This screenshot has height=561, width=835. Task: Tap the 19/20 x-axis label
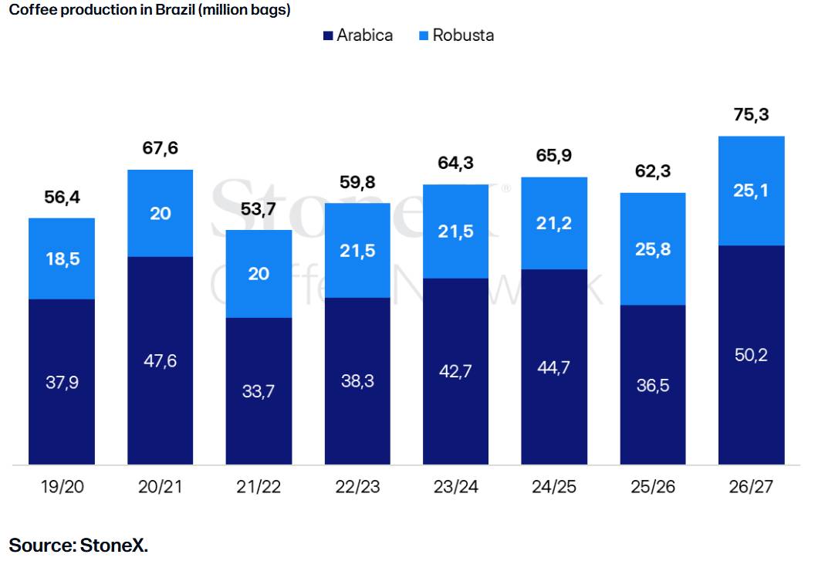point(61,487)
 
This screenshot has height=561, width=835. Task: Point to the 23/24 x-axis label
point(455,487)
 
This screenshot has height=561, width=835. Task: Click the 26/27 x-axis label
point(751,487)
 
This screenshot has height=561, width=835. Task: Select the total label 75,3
point(751,116)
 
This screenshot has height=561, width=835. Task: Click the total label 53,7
point(259,208)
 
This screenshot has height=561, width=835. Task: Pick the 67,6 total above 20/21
point(160,148)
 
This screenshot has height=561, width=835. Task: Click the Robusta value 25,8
point(653,249)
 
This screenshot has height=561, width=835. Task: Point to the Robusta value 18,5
point(62,259)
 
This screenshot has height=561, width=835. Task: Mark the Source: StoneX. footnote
point(78,545)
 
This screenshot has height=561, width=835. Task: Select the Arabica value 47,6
point(160,360)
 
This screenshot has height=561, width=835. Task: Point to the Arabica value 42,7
point(455,371)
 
